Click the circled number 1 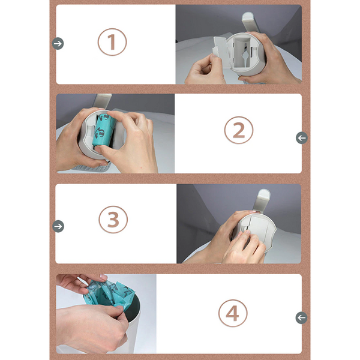coord(112,42)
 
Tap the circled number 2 coord(239,130)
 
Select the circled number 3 coord(113,220)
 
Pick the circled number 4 coord(233,313)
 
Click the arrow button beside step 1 coord(58,43)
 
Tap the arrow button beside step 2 coord(302,138)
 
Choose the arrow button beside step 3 coord(58,226)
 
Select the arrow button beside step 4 coord(301,318)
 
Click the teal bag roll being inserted coord(104,131)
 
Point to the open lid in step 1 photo coord(221,52)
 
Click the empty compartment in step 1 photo coord(242,53)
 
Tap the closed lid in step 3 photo coord(258,229)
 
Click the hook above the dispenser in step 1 coord(250,21)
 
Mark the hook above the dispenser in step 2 coord(103,101)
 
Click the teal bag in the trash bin coord(109,295)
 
